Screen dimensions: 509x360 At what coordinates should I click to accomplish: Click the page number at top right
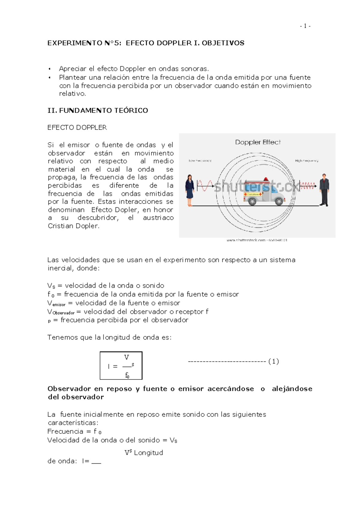point(305,26)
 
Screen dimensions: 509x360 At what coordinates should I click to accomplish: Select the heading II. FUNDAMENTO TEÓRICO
point(98,111)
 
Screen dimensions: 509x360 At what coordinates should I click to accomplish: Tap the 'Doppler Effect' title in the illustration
point(258,142)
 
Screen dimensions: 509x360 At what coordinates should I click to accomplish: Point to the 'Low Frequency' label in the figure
point(200,161)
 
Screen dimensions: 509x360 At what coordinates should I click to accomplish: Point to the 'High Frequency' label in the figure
point(306,161)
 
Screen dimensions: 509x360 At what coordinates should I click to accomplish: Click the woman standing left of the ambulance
point(190,190)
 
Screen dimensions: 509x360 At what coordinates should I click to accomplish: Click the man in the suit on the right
point(324,189)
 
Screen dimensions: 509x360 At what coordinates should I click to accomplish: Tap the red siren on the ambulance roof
point(265,180)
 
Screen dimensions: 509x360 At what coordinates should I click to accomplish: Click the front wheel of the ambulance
point(279,201)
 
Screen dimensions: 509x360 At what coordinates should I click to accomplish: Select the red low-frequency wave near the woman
point(205,186)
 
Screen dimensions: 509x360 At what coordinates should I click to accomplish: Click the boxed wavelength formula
point(121,366)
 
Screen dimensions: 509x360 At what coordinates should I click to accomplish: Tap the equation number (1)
point(274,362)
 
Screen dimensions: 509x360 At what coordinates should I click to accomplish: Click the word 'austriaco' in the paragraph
point(158,218)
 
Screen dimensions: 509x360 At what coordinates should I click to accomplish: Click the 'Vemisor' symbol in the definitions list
point(56,303)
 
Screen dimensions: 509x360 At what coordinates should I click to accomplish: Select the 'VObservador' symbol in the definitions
point(61,312)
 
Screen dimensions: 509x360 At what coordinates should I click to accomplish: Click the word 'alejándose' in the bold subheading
point(292,389)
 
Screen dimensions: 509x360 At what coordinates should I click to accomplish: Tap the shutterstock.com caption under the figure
point(257,240)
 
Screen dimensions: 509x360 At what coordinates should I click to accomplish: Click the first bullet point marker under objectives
point(50,69)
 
